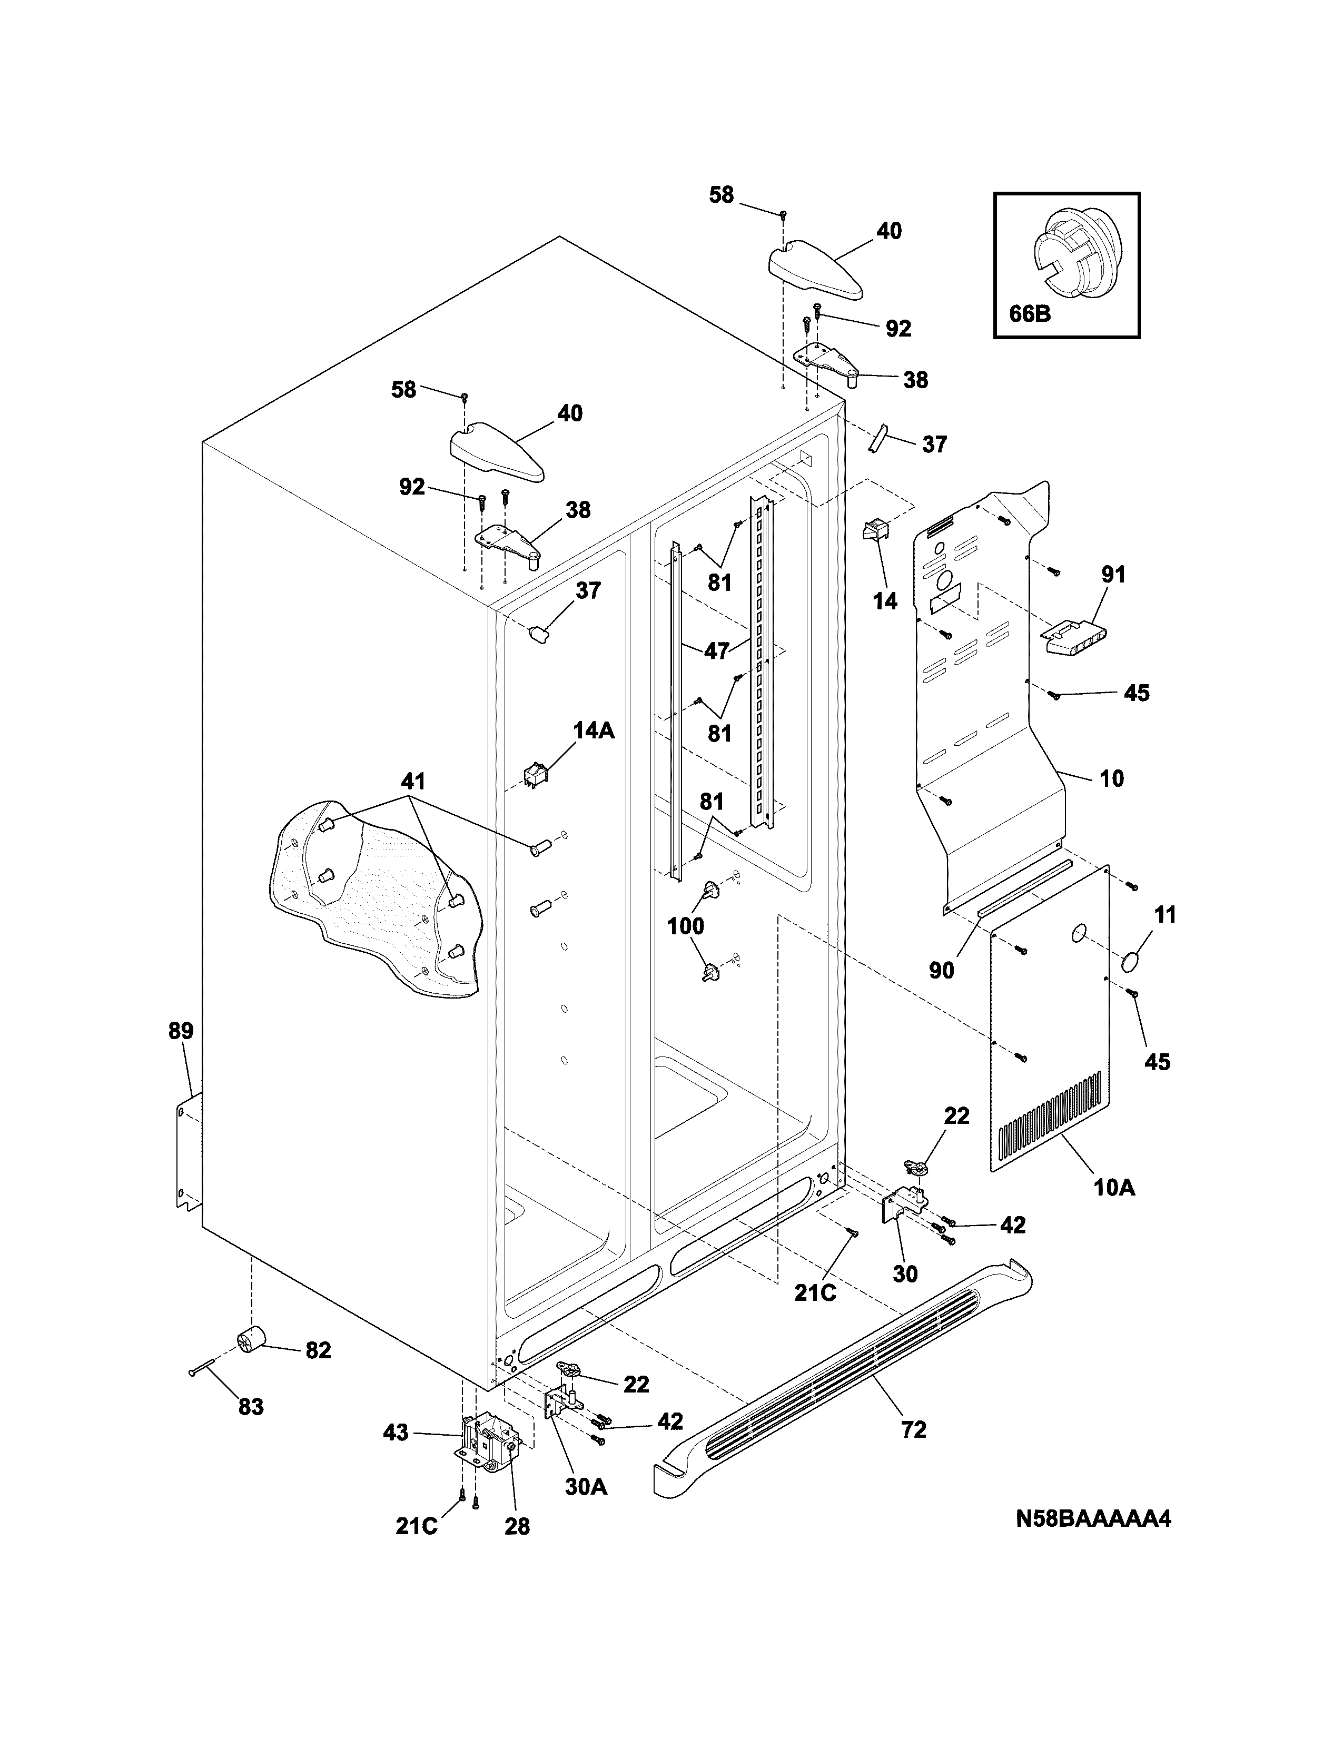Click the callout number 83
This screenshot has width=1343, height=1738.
pos(251,1407)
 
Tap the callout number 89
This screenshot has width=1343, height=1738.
pos(181,1031)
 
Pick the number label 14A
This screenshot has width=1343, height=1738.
pos(594,730)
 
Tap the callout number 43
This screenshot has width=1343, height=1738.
pos(396,1433)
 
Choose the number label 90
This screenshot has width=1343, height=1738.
pos(941,970)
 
